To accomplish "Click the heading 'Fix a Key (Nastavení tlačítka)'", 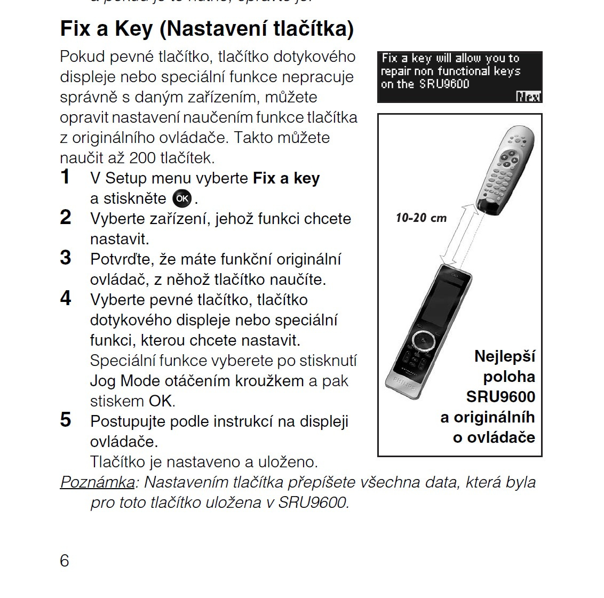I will pos(206,29).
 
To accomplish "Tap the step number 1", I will pos(65,177).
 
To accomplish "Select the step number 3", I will pos(65,258).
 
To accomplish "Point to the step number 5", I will pos(65,420).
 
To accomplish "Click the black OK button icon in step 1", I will pos(182,198).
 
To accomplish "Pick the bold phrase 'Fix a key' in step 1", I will pos(286,178).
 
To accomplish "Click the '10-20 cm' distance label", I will pos(421,218).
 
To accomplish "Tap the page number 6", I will pos(65,561).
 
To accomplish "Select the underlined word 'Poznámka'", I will pos(97,482).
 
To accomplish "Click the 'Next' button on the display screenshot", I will pos(528,97).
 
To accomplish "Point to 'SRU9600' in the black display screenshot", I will pos(444,84).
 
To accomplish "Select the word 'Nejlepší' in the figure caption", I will pos(504,356).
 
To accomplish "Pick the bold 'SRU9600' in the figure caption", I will pos(500,397).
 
